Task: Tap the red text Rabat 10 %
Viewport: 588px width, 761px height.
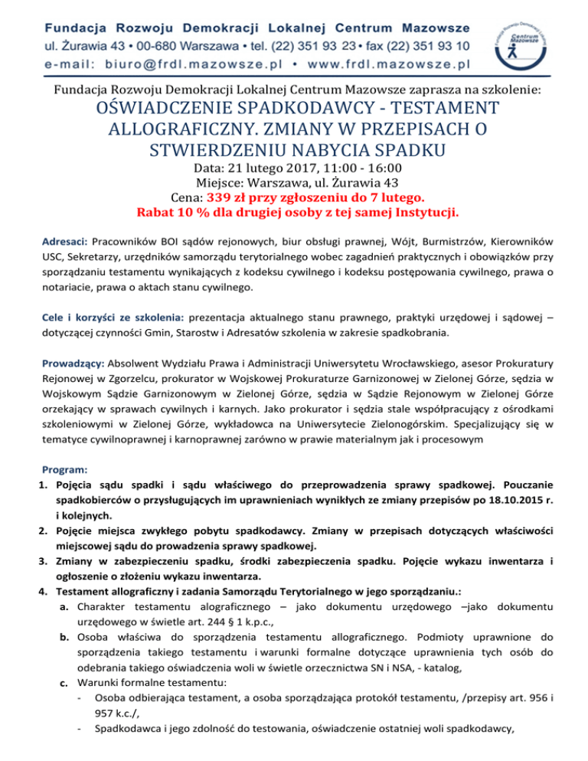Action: tap(173, 211)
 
